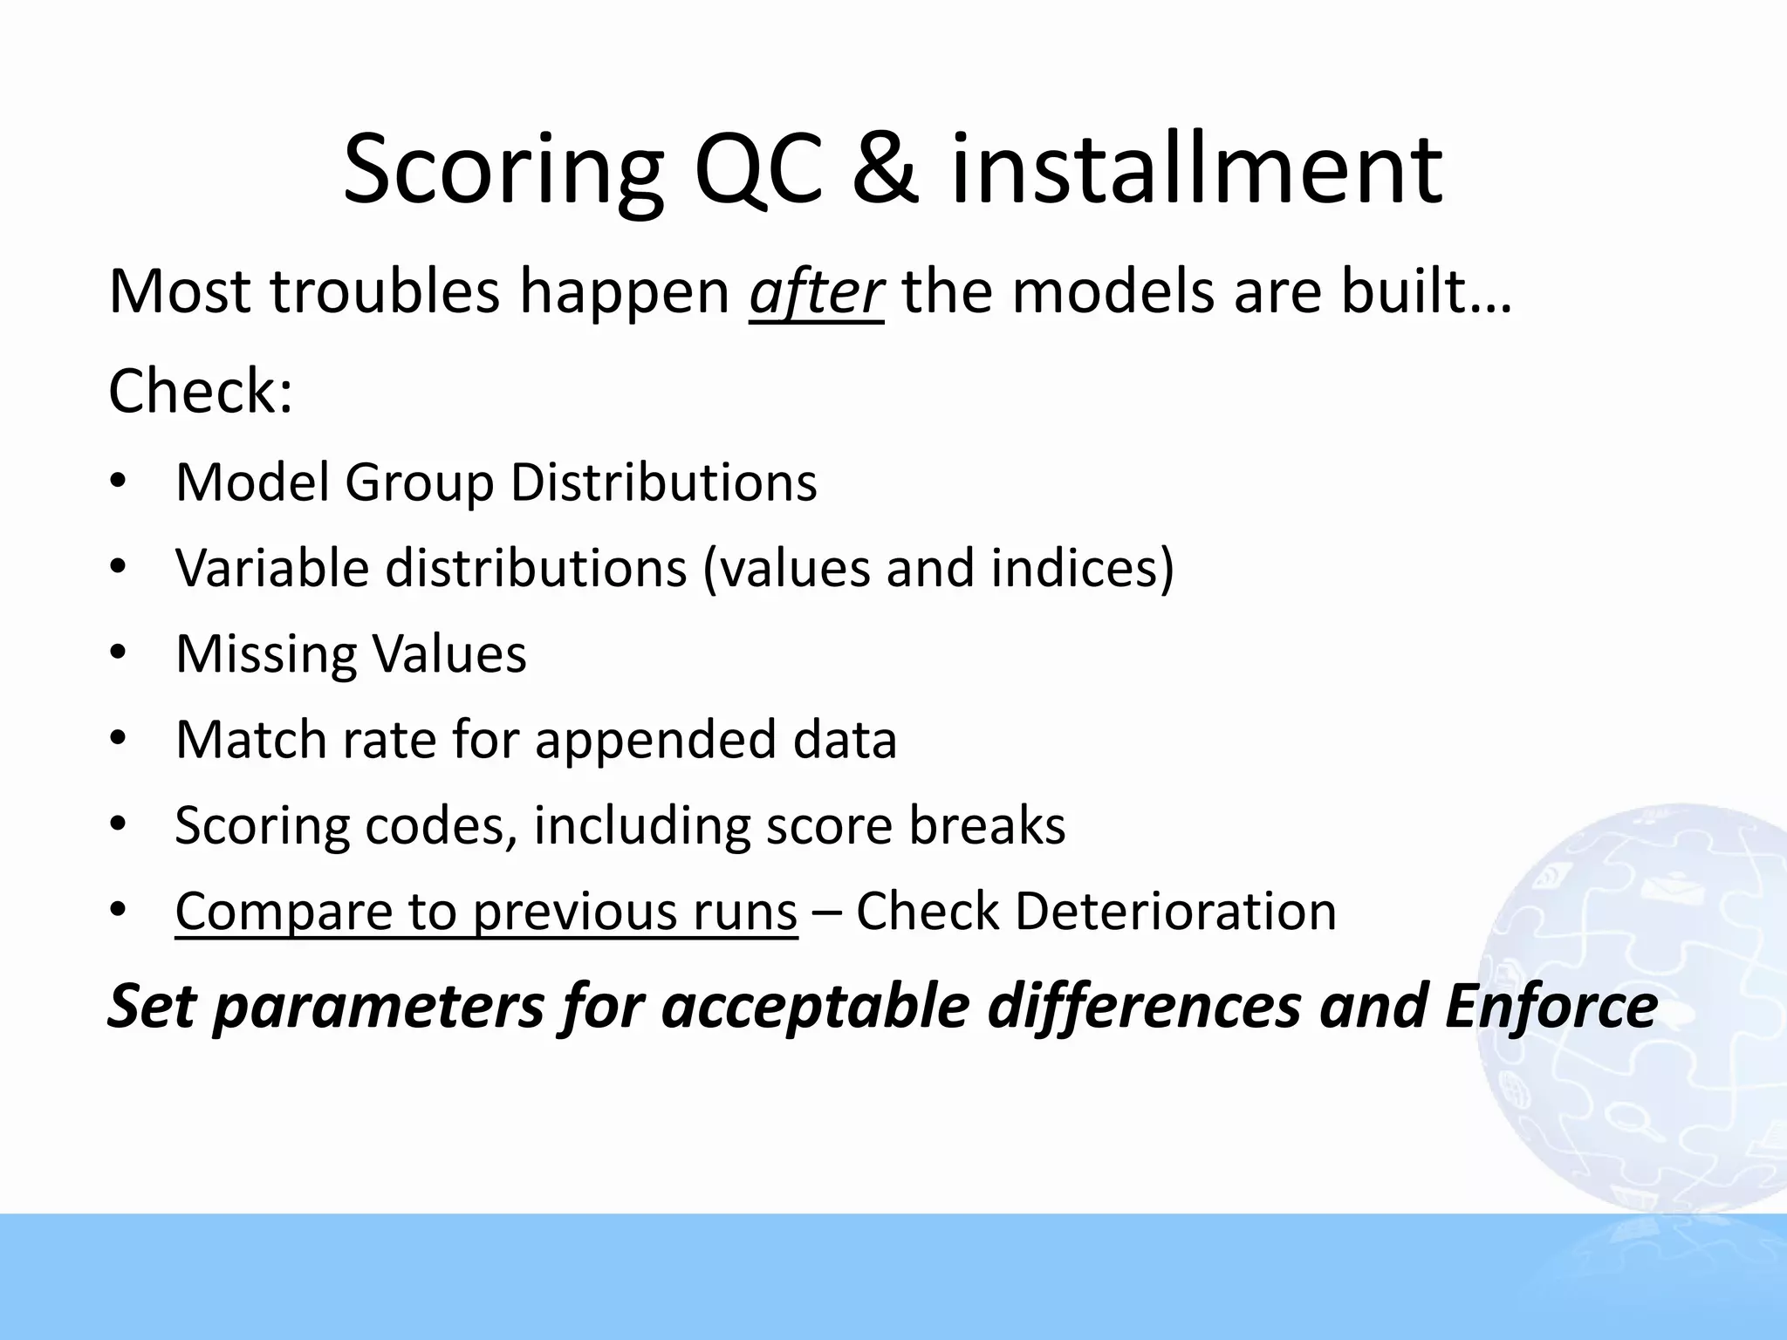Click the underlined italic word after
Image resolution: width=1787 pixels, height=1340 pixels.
[x=816, y=292]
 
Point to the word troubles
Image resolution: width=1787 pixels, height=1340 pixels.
[x=385, y=292]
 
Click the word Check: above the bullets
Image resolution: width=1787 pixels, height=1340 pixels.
[x=201, y=392]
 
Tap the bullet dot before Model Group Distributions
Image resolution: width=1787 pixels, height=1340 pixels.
[x=119, y=482]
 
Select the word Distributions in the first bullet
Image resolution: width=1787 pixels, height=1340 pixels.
[x=663, y=482]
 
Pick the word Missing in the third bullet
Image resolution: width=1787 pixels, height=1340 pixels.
[x=264, y=653]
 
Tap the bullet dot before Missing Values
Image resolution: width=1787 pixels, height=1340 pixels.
[x=119, y=653]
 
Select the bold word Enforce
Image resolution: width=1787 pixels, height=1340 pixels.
[x=1551, y=1006]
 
